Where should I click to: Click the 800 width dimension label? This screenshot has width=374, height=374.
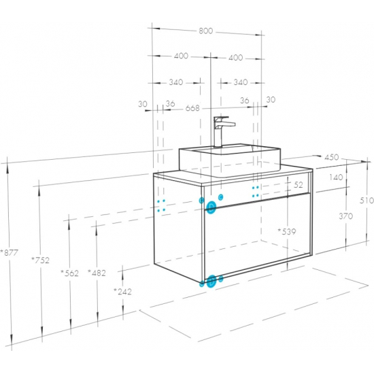(x=206, y=31)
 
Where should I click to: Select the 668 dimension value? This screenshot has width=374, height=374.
(x=192, y=108)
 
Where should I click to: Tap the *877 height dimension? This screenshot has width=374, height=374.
(x=9, y=252)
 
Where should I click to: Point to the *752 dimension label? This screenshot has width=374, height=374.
(x=41, y=260)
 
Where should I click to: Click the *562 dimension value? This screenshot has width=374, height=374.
(x=69, y=273)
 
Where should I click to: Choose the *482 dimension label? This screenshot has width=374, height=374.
(x=97, y=273)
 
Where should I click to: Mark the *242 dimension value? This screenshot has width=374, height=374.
(x=122, y=292)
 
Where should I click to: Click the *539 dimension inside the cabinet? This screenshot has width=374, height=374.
(x=287, y=231)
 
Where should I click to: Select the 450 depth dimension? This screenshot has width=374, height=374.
(x=332, y=157)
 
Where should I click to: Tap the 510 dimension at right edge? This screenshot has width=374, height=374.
(x=367, y=201)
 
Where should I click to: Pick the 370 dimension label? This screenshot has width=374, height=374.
(x=346, y=216)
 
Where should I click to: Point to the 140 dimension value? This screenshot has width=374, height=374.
(x=336, y=177)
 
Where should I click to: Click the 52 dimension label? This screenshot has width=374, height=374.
(x=298, y=184)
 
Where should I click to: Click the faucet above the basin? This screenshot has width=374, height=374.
(x=222, y=131)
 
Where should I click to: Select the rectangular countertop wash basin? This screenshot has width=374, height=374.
(x=230, y=160)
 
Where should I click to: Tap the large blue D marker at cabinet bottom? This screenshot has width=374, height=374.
(x=211, y=282)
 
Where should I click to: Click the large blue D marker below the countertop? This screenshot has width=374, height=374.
(x=211, y=207)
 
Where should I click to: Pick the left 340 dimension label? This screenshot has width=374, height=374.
(x=176, y=82)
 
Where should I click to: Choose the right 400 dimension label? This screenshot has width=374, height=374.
(x=236, y=58)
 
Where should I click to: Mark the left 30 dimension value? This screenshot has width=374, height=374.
(x=143, y=104)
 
